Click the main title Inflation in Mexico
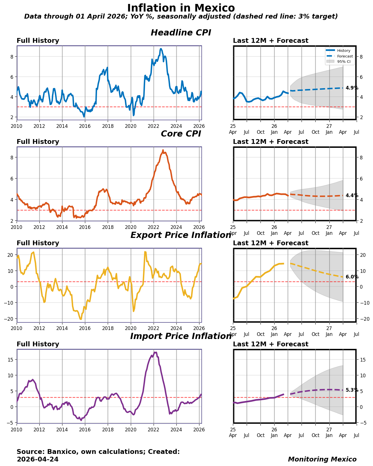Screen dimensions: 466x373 click(x=181, y=8)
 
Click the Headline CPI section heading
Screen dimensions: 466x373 click(x=181, y=33)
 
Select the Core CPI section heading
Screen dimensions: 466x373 click(x=181, y=134)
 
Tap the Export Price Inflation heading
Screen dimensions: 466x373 click(x=181, y=235)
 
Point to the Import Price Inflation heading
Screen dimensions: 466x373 click(x=181, y=336)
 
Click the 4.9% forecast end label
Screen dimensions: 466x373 click(x=352, y=88)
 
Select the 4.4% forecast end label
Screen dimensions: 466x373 click(x=352, y=195)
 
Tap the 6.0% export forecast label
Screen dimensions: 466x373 click(x=352, y=277)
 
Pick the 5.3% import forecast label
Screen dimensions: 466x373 click(x=352, y=390)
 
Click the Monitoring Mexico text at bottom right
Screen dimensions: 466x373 click(x=322, y=459)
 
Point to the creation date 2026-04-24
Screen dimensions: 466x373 click(x=38, y=459)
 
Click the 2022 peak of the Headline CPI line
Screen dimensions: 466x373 click(x=161, y=49)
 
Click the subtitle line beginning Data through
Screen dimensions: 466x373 click(x=181, y=17)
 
